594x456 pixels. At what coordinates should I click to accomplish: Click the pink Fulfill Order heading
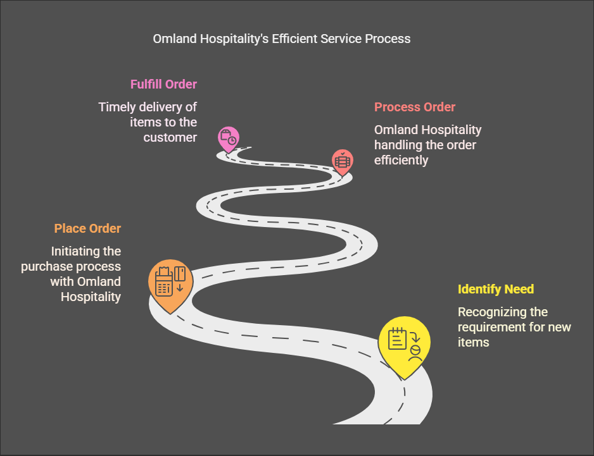(163, 84)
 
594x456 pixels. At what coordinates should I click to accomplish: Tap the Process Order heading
(415, 107)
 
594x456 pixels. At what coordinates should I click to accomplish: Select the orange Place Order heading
(87, 228)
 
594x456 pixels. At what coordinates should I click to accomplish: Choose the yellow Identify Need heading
(495, 289)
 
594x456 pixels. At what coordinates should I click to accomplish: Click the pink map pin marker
(229, 139)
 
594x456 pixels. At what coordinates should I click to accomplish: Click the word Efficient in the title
(294, 39)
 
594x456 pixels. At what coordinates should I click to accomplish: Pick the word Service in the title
(341, 39)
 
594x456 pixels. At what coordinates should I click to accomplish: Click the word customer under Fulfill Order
(170, 137)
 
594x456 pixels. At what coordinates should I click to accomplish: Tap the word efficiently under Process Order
(401, 161)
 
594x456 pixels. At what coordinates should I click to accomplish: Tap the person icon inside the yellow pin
(415, 353)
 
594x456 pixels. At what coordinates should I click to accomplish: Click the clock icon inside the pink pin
(232, 140)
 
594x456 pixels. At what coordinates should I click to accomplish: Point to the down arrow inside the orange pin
(180, 288)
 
